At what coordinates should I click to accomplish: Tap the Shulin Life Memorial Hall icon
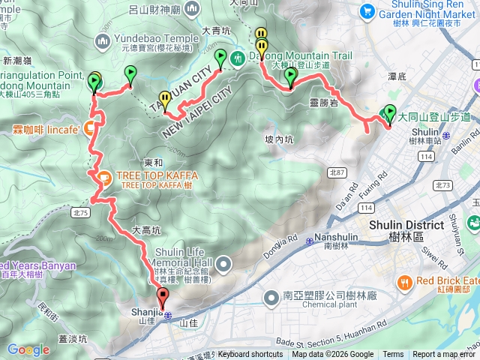click(224, 264)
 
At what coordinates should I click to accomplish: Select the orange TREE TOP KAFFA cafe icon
click(104, 178)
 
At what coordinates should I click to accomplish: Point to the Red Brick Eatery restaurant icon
click(406, 282)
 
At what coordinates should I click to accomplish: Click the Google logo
click(28, 350)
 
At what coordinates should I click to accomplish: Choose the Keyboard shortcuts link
click(250, 355)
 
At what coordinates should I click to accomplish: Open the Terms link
click(393, 355)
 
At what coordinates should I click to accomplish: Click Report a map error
click(444, 355)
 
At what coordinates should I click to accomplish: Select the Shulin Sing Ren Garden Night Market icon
click(367, 10)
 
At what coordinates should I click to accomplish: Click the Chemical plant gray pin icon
click(272, 298)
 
